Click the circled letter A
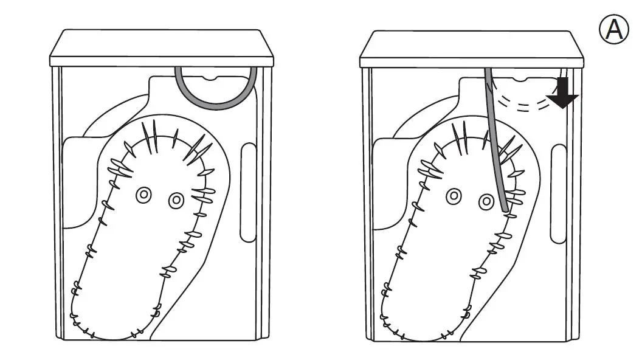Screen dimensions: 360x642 click(615, 29)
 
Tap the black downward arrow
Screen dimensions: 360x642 click(564, 94)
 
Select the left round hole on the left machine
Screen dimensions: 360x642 click(144, 195)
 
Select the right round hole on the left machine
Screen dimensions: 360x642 click(176, 199)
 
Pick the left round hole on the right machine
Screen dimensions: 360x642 click(454, 196)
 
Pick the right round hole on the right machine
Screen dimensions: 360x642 click(486, 200)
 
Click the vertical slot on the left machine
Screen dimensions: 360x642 click(248, 193)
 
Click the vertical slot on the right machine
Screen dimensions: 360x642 click(558, 193)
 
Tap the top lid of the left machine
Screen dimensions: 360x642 click(161, 46)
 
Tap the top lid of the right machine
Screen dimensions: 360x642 click(471, 46)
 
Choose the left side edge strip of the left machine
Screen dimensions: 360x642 click(57, 201)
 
